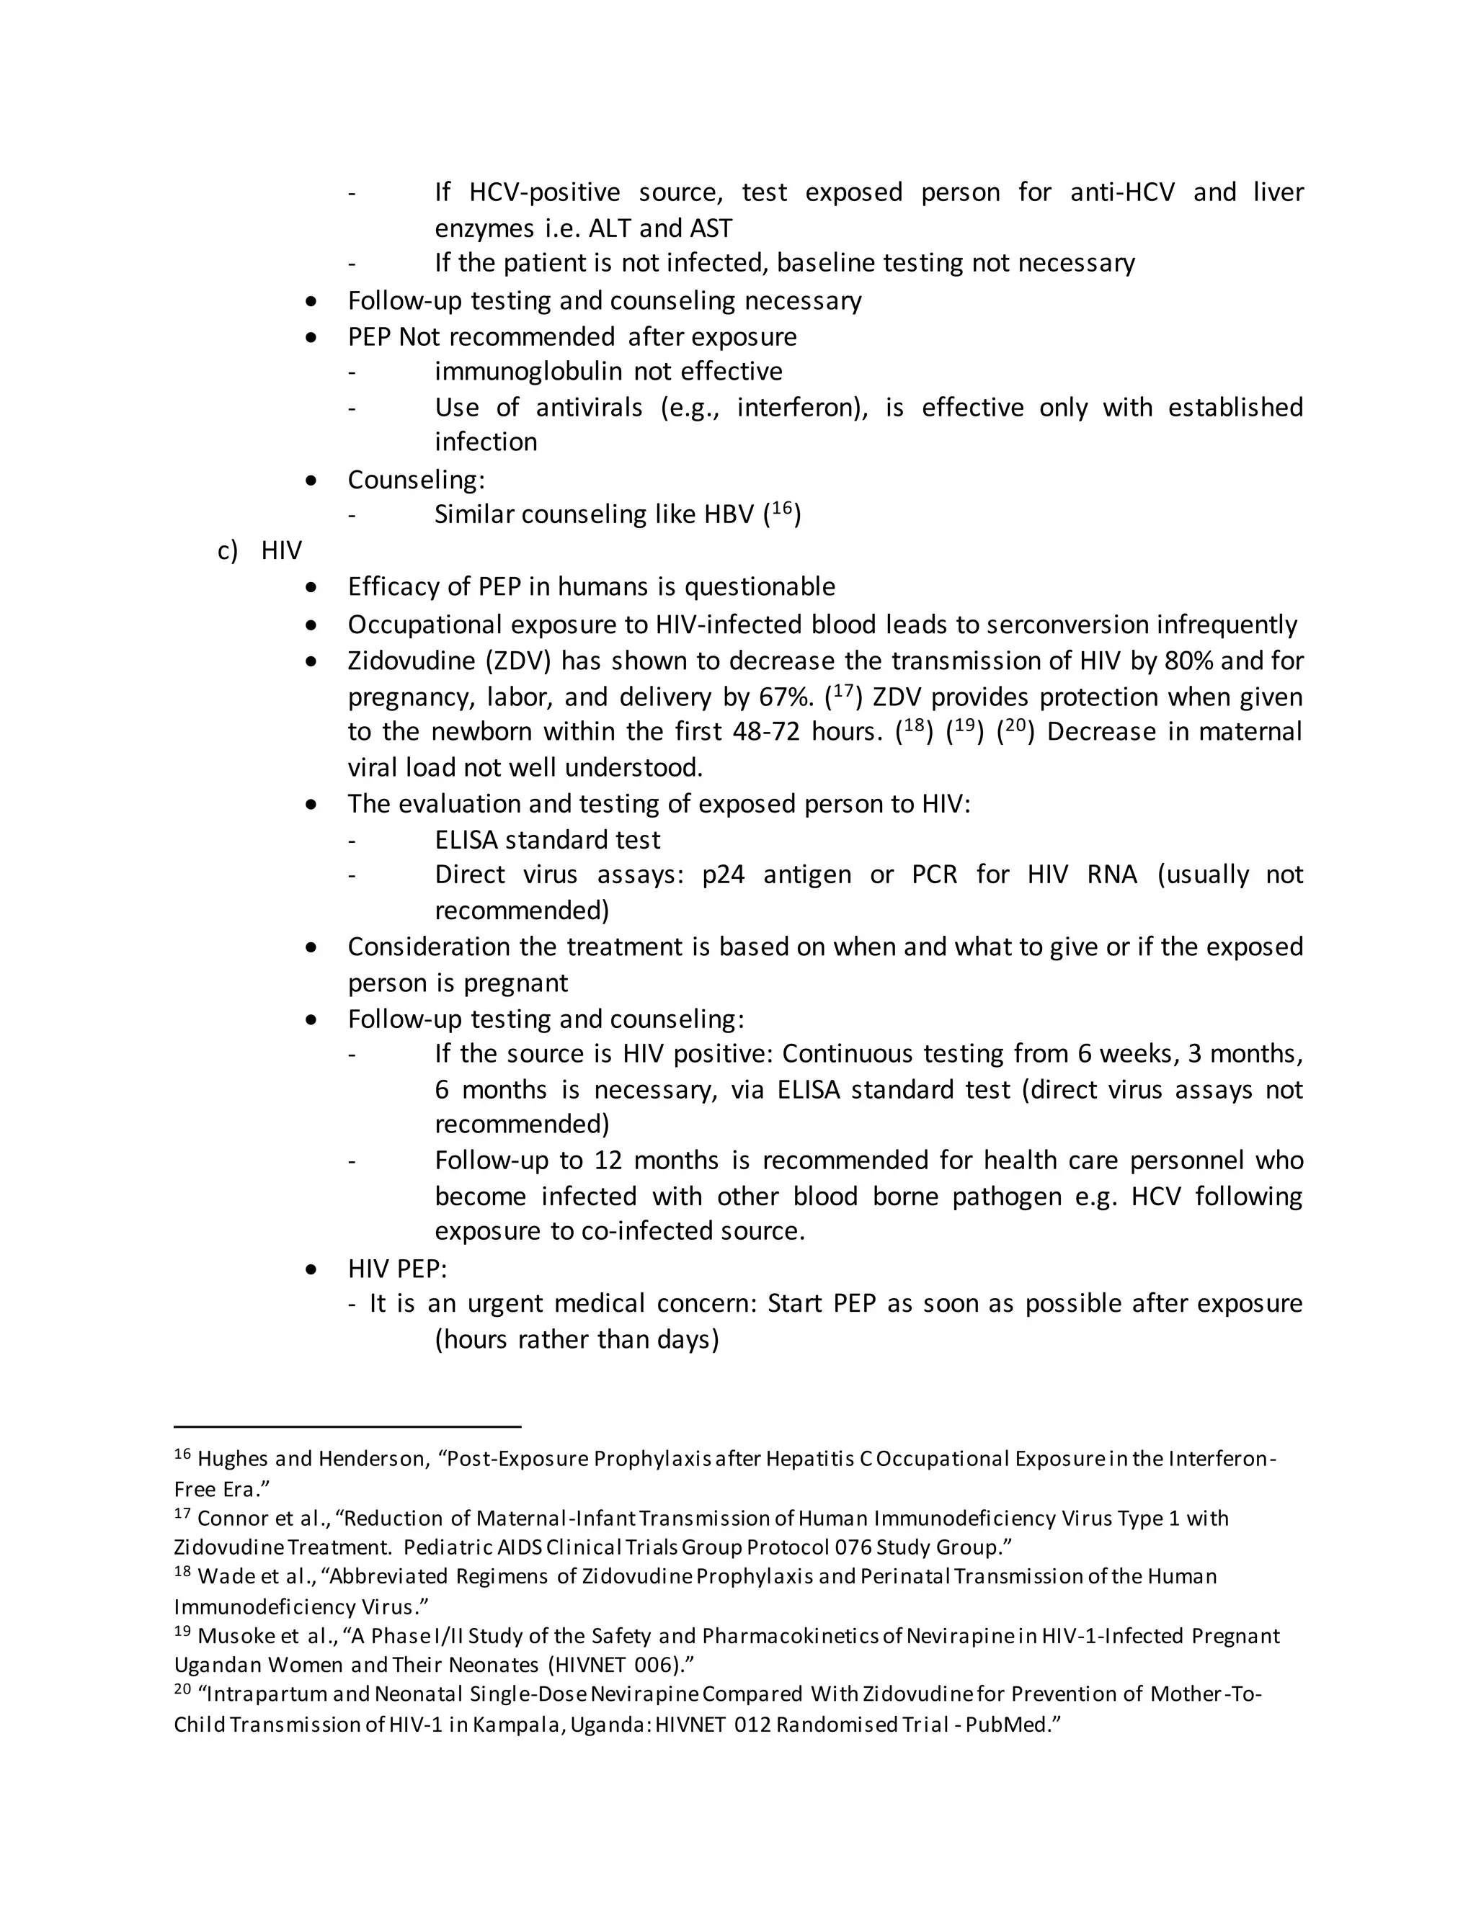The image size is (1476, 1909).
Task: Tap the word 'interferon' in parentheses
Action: pos(799,407)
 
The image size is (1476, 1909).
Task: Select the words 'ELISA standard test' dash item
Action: pos(548,840)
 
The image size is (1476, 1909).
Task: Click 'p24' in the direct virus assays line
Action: pos(723,875)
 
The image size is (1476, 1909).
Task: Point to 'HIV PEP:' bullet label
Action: pos(397,1269)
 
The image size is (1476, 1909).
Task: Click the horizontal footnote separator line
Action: pos(347,1426)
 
